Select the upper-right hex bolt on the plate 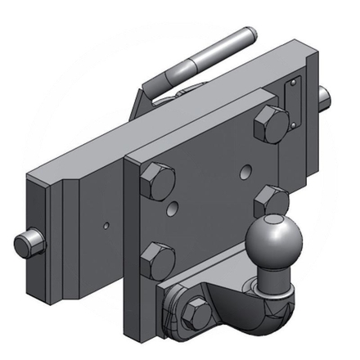tap(271, 122)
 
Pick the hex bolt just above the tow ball tap(269, 201)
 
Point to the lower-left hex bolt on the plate tap(157, 261)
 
